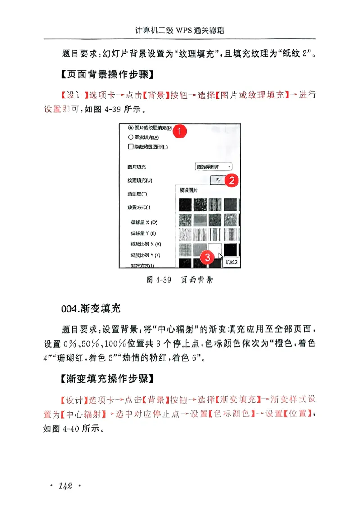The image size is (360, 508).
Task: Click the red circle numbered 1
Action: pos(180,132)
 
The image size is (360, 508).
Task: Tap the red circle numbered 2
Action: pos(231,181)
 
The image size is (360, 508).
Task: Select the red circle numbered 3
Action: pos(207,258)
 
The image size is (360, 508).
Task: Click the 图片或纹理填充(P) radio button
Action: pos(131,127)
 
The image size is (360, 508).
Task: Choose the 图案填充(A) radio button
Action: pos(131,137)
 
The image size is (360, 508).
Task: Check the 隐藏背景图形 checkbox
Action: pos(131,147)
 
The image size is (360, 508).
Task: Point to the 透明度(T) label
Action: pos(137,194)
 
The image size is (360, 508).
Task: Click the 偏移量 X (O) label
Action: pos(144,223)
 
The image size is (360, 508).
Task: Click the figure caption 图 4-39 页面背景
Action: pos(180,280)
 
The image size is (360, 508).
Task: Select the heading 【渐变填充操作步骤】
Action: pos(108,379)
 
